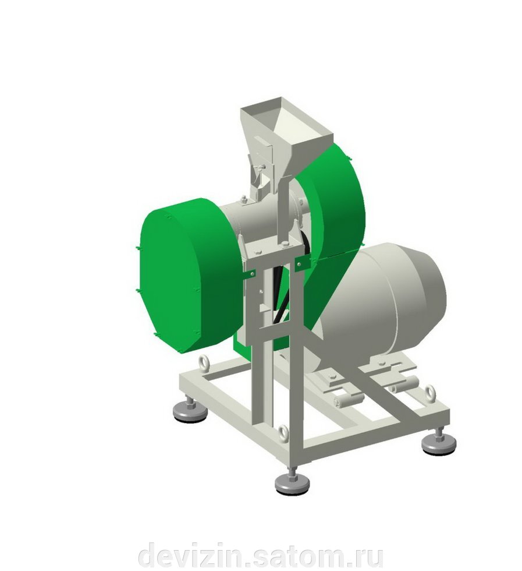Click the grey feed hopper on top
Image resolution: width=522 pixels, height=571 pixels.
pos(287,135)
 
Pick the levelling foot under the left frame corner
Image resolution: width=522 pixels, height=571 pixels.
pos(190,410)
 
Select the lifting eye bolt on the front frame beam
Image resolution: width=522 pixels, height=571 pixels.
pos(283,433)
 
